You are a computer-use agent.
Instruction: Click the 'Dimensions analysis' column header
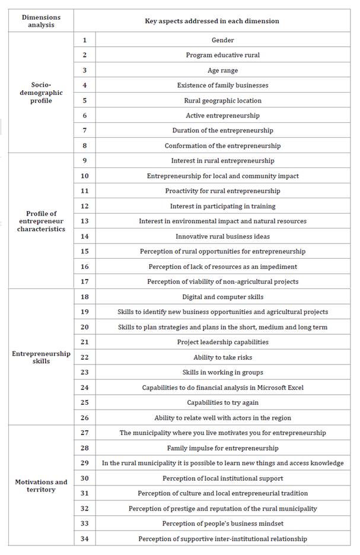[41, 21]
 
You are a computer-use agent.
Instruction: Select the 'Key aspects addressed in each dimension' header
[212, 21]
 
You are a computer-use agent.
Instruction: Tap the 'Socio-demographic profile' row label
[41, 93]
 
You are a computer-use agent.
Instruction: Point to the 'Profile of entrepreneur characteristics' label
[41, 221]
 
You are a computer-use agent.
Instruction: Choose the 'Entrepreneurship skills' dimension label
[41, 357]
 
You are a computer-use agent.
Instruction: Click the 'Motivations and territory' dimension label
[41, 486]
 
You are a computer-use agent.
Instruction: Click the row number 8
[85, 145]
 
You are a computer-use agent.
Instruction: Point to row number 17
[85, 281]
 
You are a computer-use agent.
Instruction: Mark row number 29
[85, 463]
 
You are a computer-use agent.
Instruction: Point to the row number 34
[85, 538]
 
